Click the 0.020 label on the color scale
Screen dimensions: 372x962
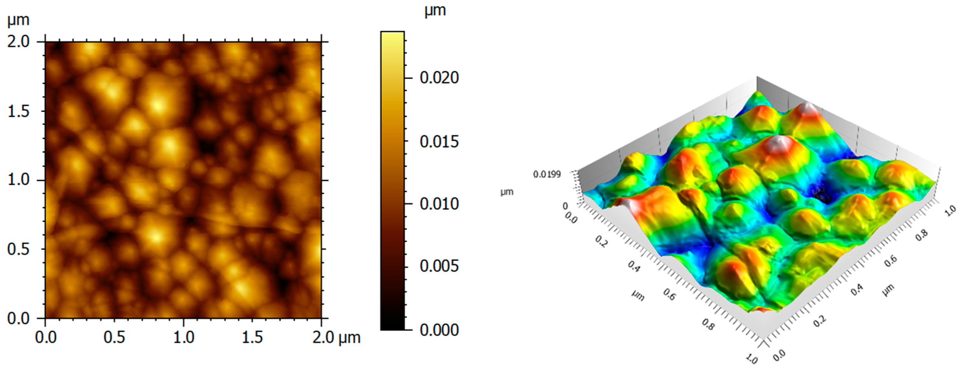pyautogui.click(x=439, y=78)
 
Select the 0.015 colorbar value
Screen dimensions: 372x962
pyautogui.click(x=439, y=142)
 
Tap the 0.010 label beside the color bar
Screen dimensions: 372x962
pyautogui.click(x=439, y=204)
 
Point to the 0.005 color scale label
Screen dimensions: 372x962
pyautogui.click(x=439, y=266)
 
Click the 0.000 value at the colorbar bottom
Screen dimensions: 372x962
pyautogui.click(x=439, y=330)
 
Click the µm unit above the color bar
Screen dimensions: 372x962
pyautogui.click(x=435, y=10)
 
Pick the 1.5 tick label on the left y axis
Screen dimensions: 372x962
pyautogui.click(x=18, y=111)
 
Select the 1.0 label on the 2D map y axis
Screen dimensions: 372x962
pyautogui.click(x=18, y=180)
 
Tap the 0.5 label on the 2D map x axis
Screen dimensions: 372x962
pyautogui.click(x=114, y=338)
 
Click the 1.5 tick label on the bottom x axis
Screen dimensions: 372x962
pyautogui.click(x=252, y=338)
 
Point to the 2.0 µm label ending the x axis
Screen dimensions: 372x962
pyautogui.click(x=336, y=338)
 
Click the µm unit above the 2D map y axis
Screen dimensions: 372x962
pyautogui.click(x=18, y=19)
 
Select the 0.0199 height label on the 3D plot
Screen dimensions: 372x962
pyautogui.click(x=547, y=174)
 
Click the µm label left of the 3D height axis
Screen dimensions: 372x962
pyautogui.click(x=507, y=192)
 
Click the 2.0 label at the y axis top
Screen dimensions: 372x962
pyautogui.click(x=18, y=42)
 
